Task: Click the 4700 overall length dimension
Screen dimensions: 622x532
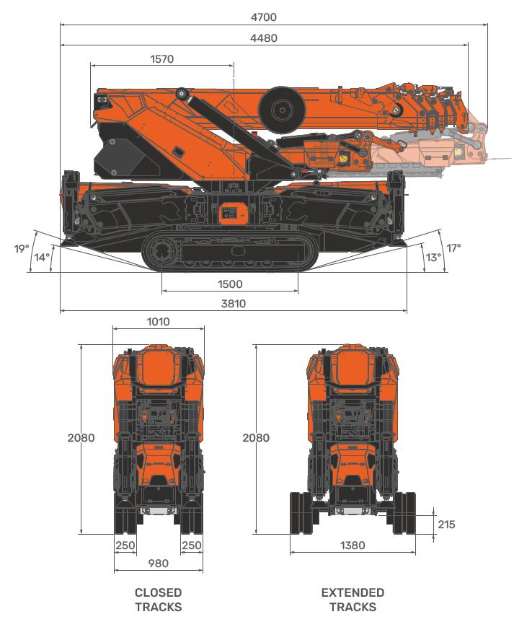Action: tap(265, 17)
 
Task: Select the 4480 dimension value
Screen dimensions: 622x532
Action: tap(265, 38)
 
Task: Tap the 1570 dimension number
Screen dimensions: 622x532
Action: tap(161, 59)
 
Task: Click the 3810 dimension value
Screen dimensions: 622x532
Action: tap(233, 304)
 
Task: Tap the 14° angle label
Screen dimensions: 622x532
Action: tap(43, 258)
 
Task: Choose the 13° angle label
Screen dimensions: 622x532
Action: tap(433, 258)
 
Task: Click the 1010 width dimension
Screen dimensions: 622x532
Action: tap(158, 322)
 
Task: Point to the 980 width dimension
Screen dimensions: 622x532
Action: tap(158, 564)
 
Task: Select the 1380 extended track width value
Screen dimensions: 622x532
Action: tap(353, 546)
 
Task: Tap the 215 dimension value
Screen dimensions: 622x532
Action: tap(446, 525)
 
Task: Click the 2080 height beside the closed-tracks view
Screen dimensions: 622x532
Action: tap(81, 438)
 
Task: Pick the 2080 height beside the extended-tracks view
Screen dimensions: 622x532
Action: tap(256, 438)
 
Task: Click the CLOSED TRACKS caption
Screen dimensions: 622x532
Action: tap(158, 600)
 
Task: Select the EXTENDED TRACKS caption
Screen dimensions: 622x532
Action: tap(353, 600)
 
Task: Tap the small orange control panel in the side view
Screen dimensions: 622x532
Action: tap(230, 214)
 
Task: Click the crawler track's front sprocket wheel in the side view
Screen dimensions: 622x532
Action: tap(159, 252)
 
